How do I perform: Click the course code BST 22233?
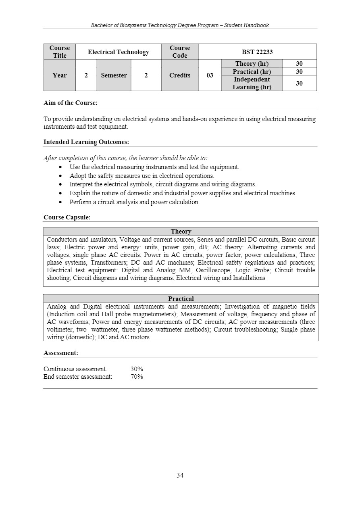point(257,52)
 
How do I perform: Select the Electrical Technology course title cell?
point(118,52)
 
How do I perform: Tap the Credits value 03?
point(210,75)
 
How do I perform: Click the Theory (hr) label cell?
point(252,64)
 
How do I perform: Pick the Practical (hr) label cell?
point(252,71)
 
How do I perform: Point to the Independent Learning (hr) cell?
point(252,83)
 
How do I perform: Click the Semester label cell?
point(114,75)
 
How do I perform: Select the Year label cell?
point(59,75)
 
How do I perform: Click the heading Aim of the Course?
point(71,103)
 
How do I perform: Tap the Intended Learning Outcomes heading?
point(86,142)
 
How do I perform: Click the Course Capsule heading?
point(67,217)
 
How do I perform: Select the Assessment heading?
point(61,353)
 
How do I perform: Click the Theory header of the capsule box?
point(181,231)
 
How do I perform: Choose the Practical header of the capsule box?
point(181,298)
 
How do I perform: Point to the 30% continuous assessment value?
point(137,369)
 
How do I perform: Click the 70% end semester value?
point(137,377)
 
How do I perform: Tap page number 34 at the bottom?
point(180,475)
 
